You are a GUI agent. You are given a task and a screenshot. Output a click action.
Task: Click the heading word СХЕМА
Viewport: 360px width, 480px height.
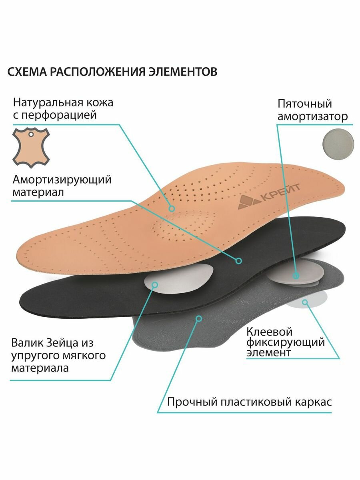[26, 72]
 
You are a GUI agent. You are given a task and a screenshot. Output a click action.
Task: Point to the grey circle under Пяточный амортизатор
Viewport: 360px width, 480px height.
[338, 142]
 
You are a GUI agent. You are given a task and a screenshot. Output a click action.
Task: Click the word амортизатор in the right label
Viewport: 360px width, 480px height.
[312, 117]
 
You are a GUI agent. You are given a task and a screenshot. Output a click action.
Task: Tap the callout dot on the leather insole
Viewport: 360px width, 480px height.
[172, 208]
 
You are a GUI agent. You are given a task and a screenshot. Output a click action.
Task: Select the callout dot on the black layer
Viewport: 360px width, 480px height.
[238, 261]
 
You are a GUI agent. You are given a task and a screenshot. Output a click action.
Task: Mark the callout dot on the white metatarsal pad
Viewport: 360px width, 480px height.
[155, 285]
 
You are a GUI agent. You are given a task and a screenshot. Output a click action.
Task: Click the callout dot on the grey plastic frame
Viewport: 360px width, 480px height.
[198, 319]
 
